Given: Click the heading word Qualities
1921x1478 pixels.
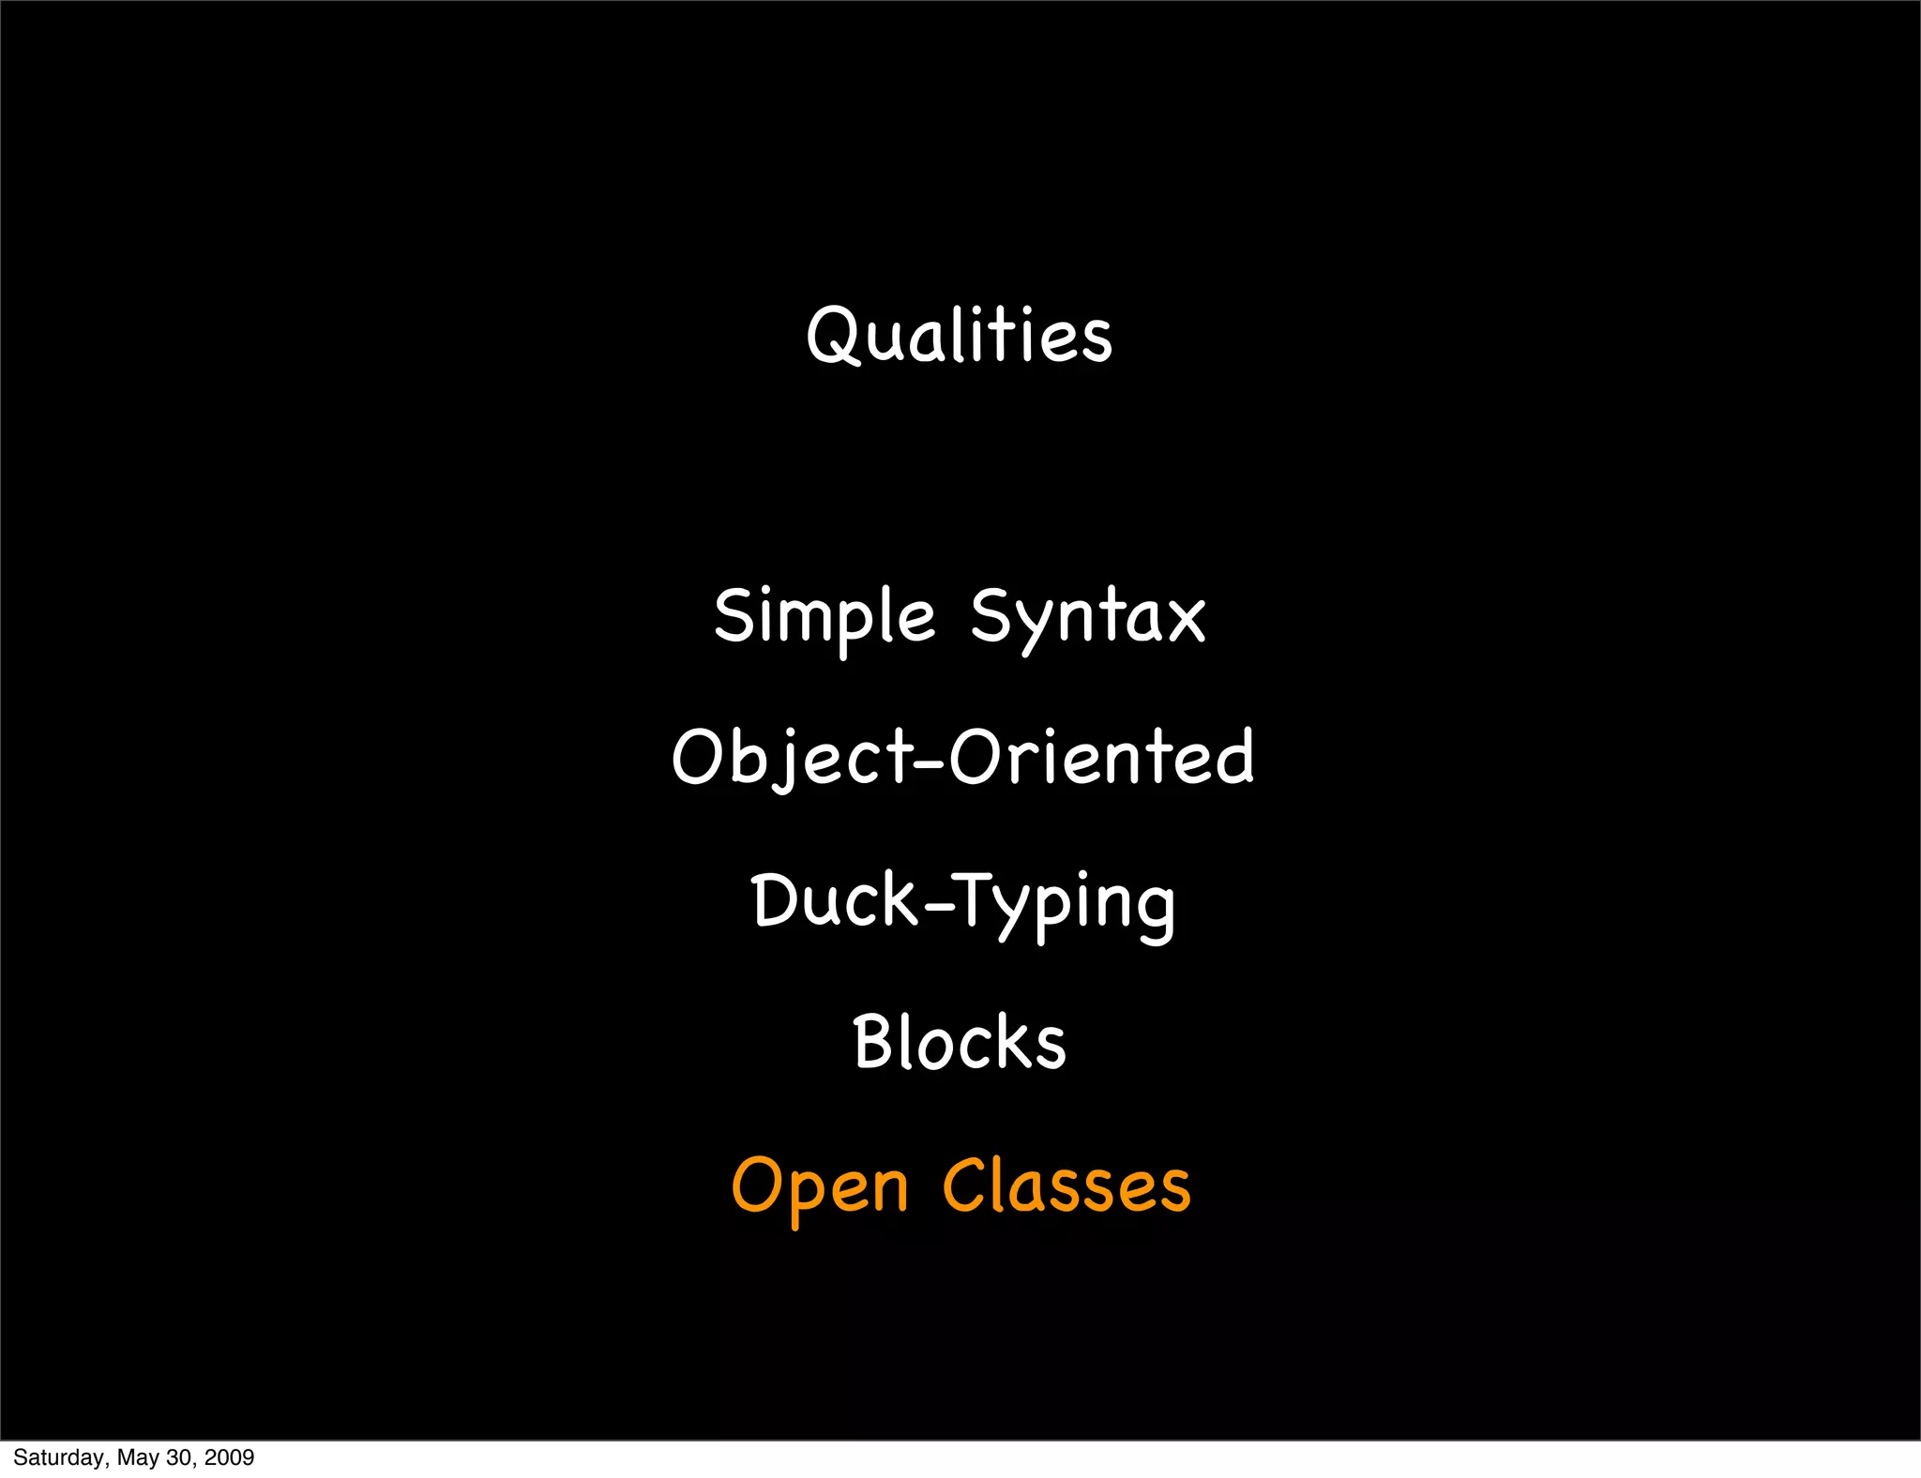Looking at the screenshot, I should coord(960,335).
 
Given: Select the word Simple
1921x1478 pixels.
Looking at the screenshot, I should coord(824,616).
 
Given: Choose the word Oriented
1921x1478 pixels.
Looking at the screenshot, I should coord(1101,756).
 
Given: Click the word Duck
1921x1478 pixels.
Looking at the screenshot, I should coord(834,900).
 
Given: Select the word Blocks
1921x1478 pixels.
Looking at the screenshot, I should coord(960,1042).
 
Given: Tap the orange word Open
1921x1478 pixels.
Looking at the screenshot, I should coord(820,1185).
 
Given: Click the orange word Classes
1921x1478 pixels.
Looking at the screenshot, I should coord(1066,1185).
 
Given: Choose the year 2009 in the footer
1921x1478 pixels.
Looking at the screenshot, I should coord(229,1457).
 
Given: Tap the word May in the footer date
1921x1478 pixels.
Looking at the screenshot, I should coord(138,1457).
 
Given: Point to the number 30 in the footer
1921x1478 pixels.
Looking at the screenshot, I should coord(179,1457).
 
